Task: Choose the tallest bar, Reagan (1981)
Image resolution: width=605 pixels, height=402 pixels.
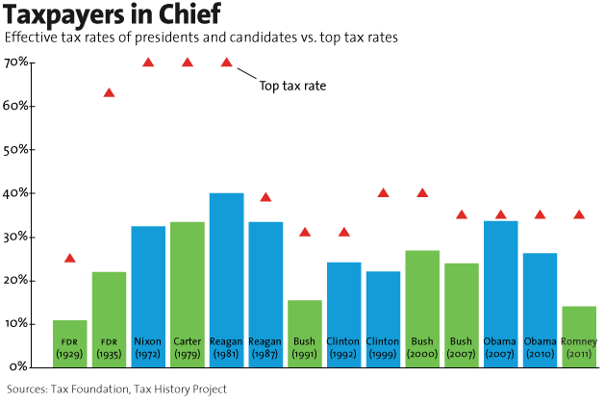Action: coord(227,280)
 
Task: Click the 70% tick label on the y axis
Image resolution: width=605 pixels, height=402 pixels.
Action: coord(18,63)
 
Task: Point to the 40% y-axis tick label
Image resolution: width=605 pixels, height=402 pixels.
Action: coord(18,193)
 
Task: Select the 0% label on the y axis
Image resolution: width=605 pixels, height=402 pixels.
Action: coord(21,367)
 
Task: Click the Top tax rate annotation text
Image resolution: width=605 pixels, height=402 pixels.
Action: coord(293,86)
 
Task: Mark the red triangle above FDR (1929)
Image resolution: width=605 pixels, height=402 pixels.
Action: coord(70,259)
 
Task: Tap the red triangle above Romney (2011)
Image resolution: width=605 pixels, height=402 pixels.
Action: coord(578,214)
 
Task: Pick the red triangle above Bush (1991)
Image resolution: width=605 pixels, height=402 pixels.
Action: coord(305,232)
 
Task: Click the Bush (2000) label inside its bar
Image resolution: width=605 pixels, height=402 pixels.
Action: coord(422,347)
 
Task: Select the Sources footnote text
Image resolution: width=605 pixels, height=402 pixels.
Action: coord(116,389)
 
